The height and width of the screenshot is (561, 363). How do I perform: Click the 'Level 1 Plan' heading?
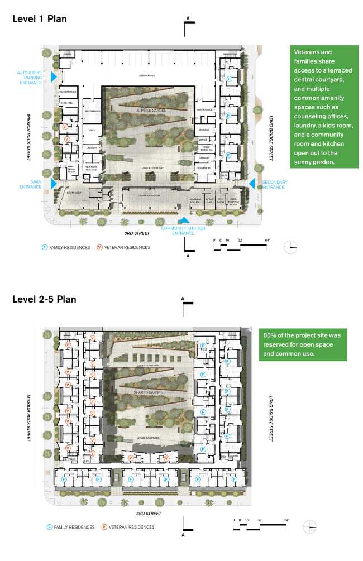click(40, 18)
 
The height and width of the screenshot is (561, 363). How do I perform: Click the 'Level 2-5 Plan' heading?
click(44, 299)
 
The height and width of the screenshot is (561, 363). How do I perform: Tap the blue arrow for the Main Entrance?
click(54, 183)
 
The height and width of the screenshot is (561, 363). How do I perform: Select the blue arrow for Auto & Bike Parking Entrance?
click(54, 78)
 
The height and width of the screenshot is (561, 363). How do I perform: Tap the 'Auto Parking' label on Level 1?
click(147, 75)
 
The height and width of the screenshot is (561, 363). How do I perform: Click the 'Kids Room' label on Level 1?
click(203, 167)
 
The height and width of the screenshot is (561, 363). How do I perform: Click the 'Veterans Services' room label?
click(92, 167)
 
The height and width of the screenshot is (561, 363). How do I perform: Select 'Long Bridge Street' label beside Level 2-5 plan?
click(270, 419)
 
